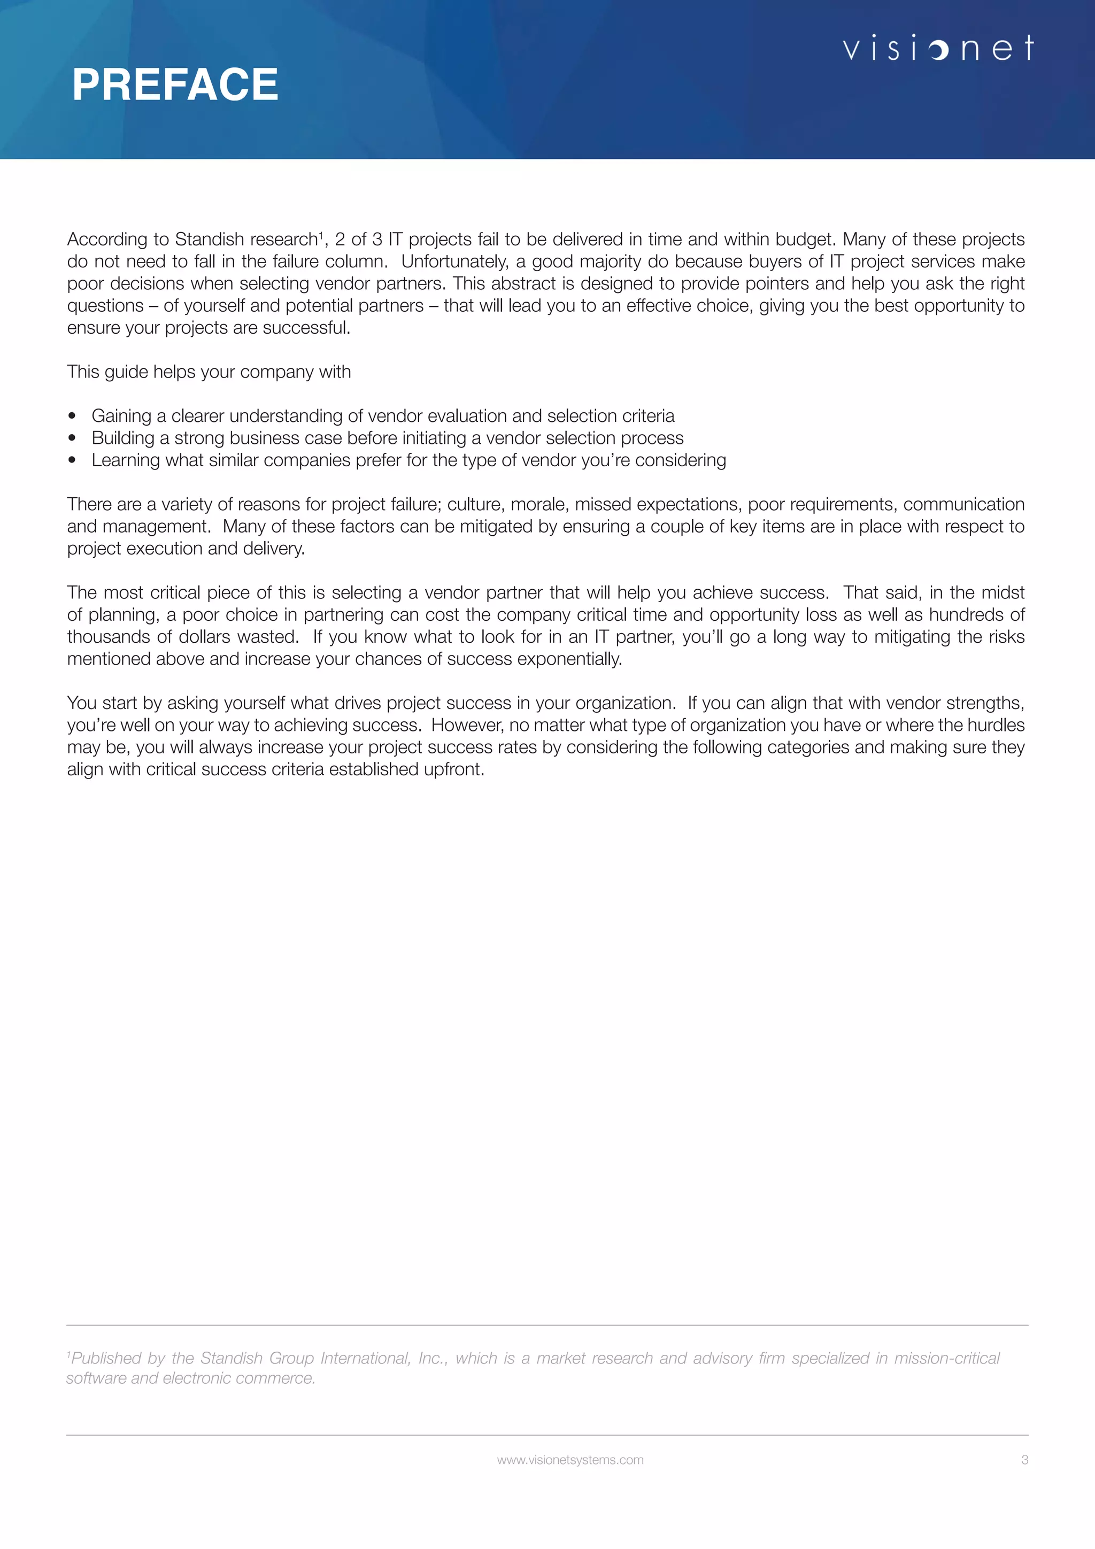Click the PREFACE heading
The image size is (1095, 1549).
tap(175, 85)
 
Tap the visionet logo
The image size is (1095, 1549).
tap(938, 48)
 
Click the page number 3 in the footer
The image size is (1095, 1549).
tap(1024, 1459)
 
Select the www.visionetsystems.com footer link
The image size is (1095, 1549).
tap(570, 1459)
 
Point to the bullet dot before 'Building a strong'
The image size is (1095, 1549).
tap(72, 438)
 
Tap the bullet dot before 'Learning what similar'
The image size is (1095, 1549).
tap(72, 460)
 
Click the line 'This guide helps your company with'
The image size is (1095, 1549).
tap(209, 372)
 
